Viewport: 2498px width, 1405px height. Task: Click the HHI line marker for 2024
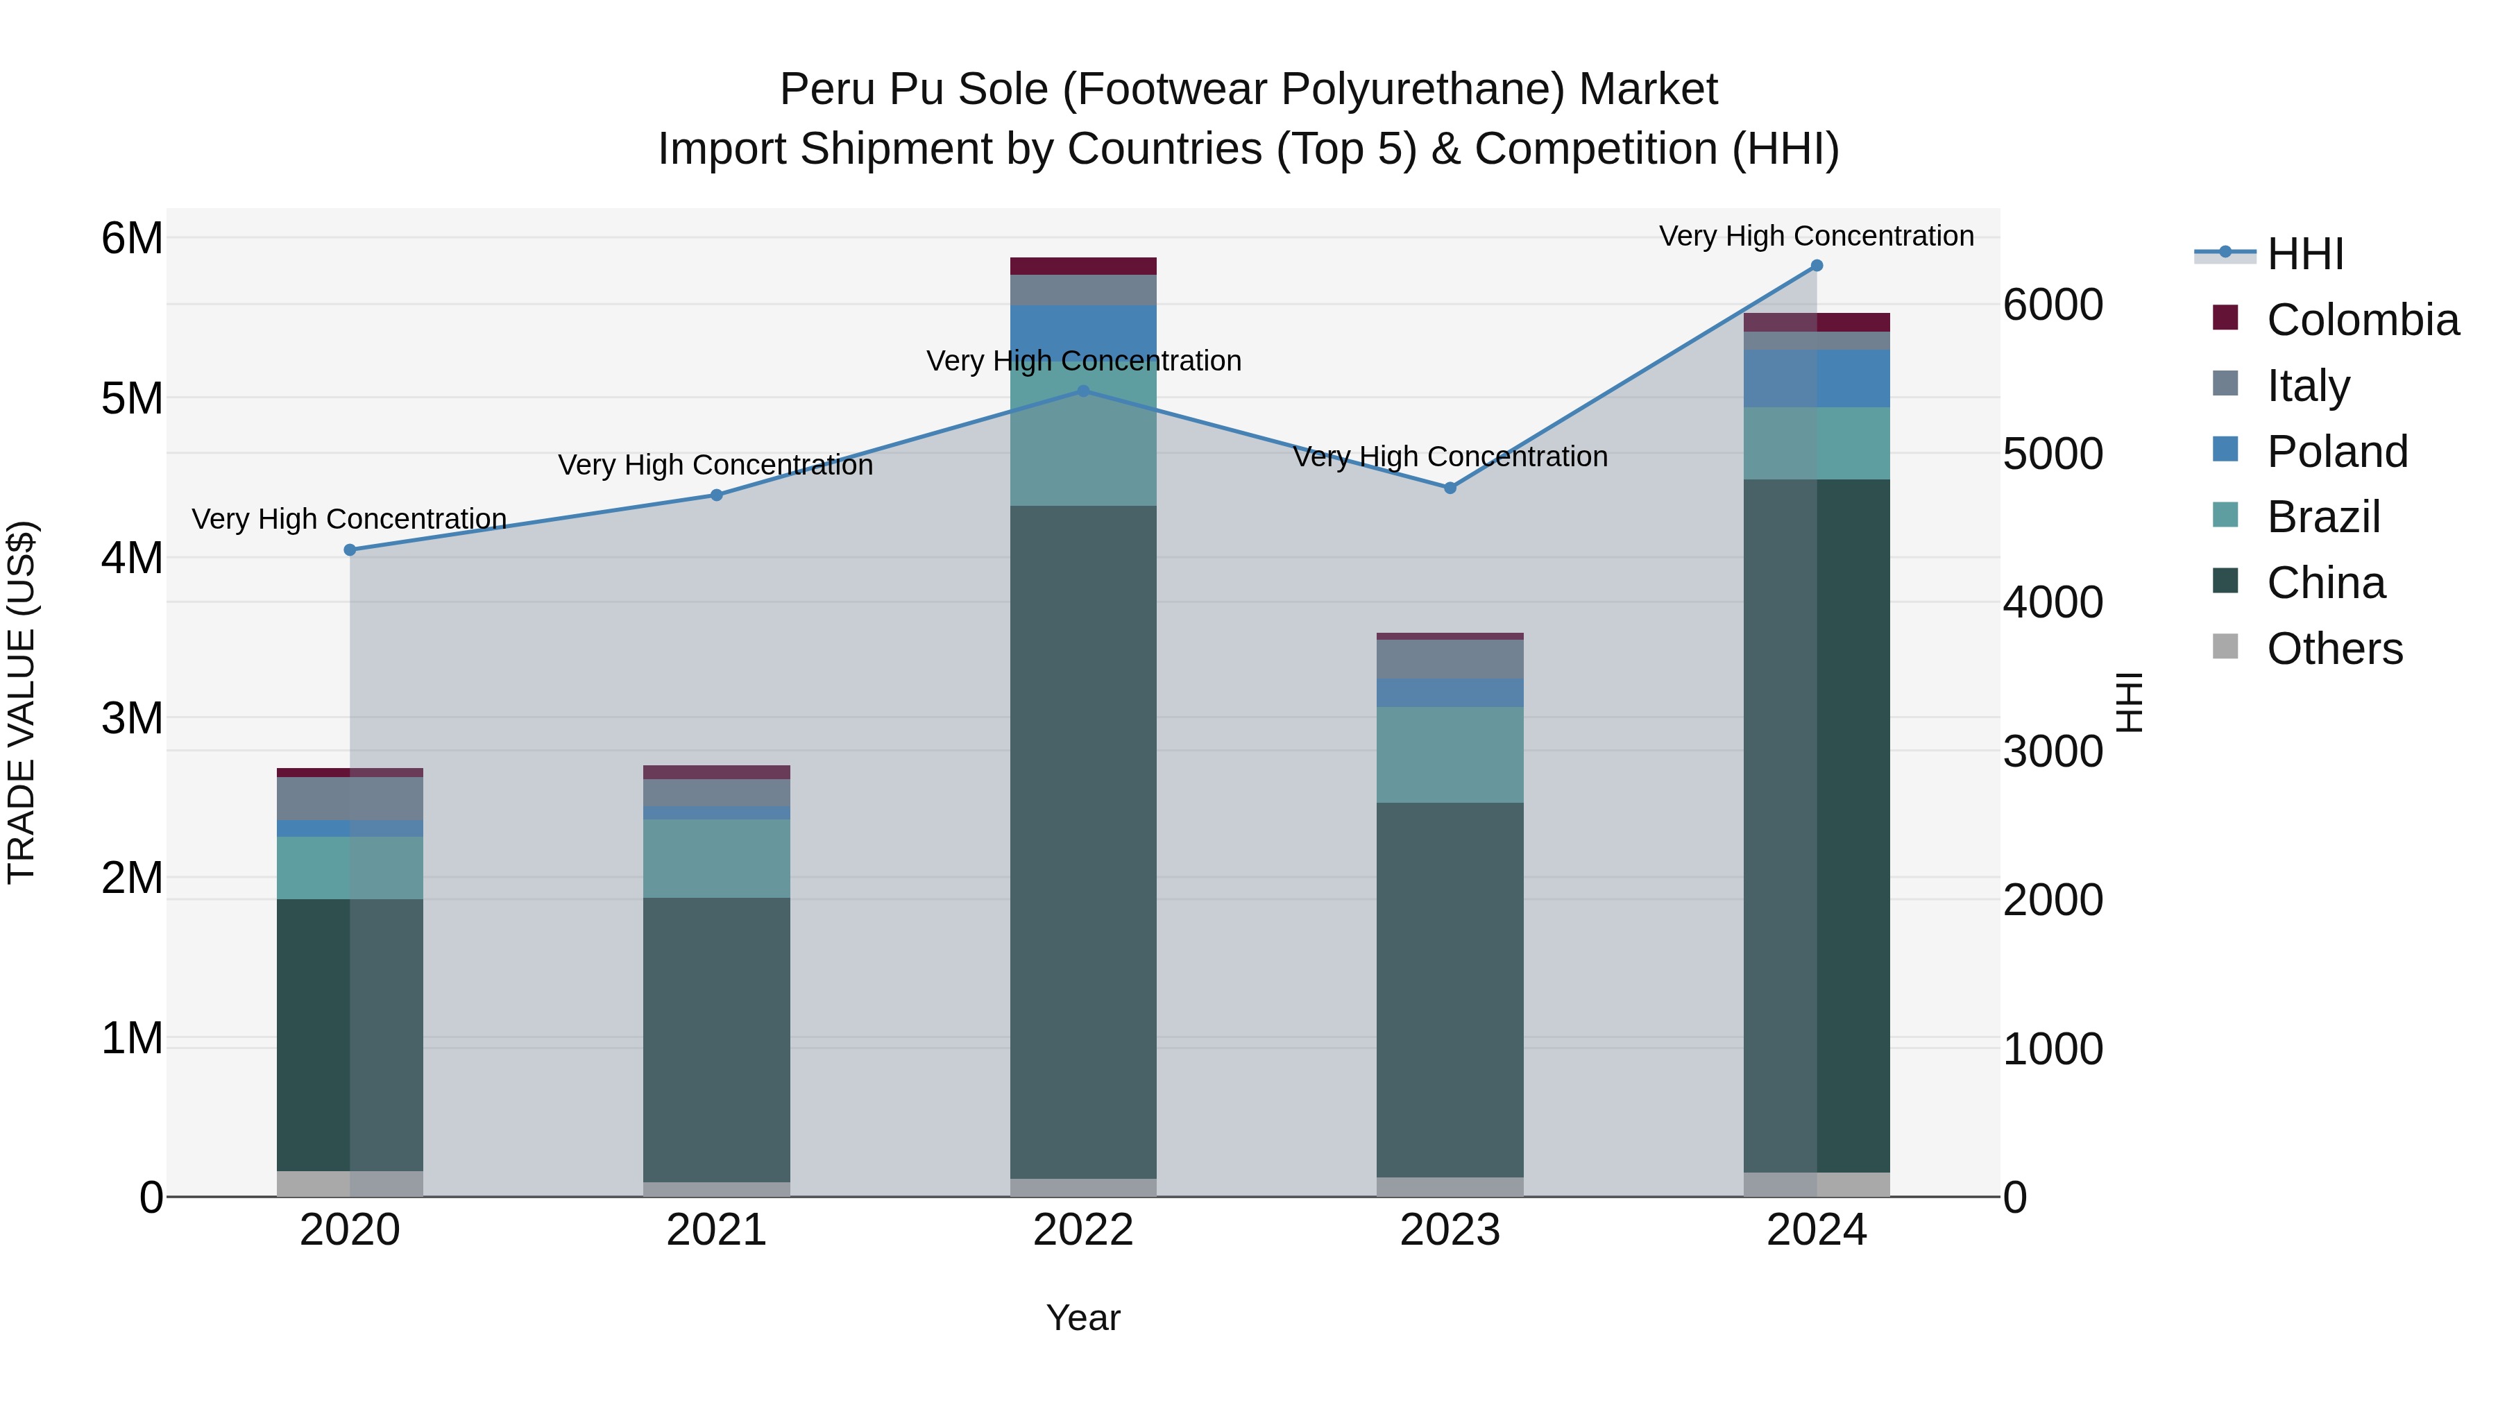point(1817,266)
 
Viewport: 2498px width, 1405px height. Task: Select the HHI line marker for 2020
point(350,550)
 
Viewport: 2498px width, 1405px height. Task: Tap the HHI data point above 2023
point(1450,488)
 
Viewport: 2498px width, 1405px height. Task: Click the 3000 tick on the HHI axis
point(2052,751)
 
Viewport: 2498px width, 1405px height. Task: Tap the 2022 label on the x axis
point(1083,1230)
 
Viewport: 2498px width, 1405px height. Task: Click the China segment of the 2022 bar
point(1083,844)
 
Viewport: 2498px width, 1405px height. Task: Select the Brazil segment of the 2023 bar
point(1450,754)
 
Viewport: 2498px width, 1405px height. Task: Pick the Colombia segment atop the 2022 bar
point(1083,266)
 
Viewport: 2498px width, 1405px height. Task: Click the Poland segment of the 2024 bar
point(1817,378)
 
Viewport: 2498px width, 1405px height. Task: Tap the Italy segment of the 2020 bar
point(350,798)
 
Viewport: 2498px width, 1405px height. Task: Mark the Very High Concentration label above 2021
point(715,466)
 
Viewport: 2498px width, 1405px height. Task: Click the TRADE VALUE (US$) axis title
point(22,702)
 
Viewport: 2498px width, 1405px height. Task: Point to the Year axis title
point(1083,1318)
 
